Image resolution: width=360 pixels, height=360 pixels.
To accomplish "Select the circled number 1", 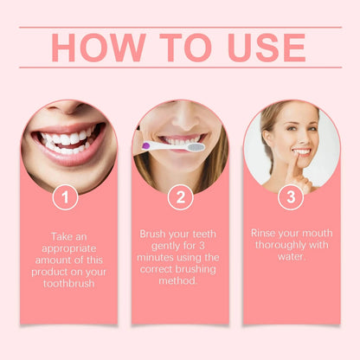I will click(x=65, y=197).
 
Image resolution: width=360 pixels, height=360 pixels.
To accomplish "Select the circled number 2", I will click(x=179, y=197).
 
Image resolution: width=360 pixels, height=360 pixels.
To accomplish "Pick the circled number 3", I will click(x=290, y=197).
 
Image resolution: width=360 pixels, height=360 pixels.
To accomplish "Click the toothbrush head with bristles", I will click(x=196, y=147).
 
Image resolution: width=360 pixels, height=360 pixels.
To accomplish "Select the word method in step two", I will click(x=180, y=281).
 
